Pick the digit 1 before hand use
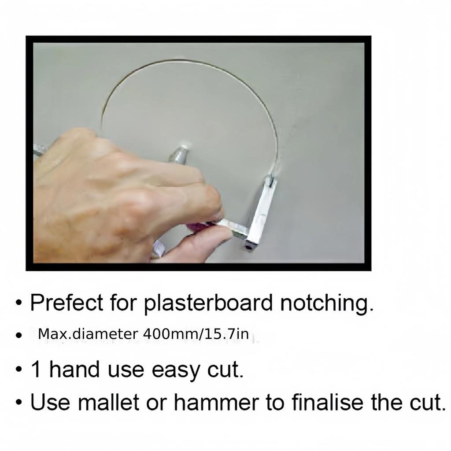point(36,370)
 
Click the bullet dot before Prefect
point(18,304)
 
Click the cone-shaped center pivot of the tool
point(179,154)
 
